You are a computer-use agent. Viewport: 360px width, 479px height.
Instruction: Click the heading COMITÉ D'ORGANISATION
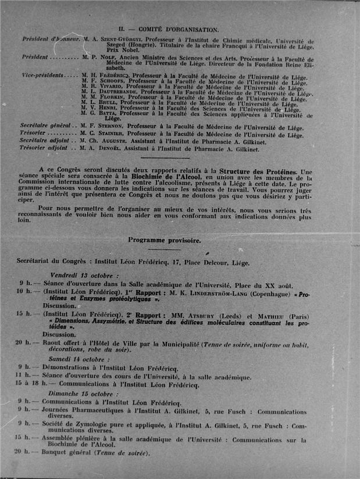coord(178,28)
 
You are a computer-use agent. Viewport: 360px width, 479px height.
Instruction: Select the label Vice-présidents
coord(41,76)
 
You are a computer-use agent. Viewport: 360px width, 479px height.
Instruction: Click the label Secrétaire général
coord(44,126)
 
